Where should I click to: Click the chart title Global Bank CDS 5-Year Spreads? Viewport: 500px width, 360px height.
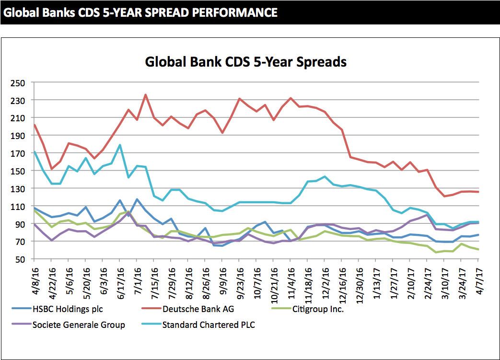[x=245, y=62]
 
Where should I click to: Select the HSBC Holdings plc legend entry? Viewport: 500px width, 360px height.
[x=67, y=309]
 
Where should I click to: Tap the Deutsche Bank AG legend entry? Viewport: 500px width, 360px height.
[x=198, y=309]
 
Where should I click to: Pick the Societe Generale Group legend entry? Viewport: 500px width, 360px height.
[x=79, y=325]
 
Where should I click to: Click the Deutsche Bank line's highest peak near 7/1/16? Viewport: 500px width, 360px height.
[x=145, y=94]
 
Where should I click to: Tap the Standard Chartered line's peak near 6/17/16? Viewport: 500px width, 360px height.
[x=120, y=145]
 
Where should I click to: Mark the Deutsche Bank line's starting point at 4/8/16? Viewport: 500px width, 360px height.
[x=35, y=125]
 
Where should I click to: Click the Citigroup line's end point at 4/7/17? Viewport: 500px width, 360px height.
[x=478, y=249]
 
